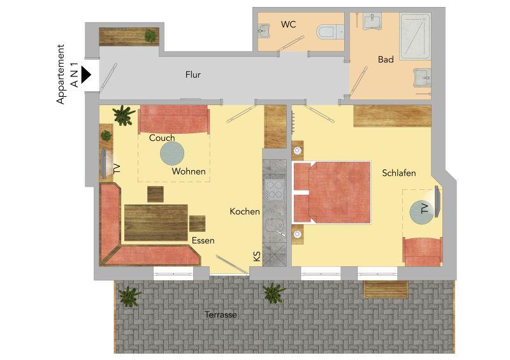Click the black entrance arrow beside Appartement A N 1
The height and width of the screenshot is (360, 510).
coord(85,75)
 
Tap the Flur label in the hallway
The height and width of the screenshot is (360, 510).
coord(193,75)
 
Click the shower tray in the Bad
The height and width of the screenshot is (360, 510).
coord(415,36)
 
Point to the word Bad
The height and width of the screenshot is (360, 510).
coord(386,59)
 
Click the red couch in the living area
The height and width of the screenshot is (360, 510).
coord(173,119)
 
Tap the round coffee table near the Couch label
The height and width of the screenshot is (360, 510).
coord(172,154)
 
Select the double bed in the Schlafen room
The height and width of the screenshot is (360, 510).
coord(331,192)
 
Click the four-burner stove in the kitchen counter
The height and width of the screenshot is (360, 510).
coord(275,190)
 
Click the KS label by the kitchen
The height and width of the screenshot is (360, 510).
coord(257,256)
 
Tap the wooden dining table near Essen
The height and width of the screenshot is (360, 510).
coord(156,223)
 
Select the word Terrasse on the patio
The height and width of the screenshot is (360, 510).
coord(221,315)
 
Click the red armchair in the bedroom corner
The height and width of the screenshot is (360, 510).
coord(422,252)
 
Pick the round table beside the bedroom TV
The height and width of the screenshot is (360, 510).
coord(421,212)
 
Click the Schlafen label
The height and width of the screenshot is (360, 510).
coord(399,173)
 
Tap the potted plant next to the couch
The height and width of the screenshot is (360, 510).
coord(124,115)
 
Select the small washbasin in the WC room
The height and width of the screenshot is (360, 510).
coord(264,30)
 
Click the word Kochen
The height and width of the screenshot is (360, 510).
coord(245,212)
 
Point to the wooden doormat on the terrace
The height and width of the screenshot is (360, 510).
coord(386,289)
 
